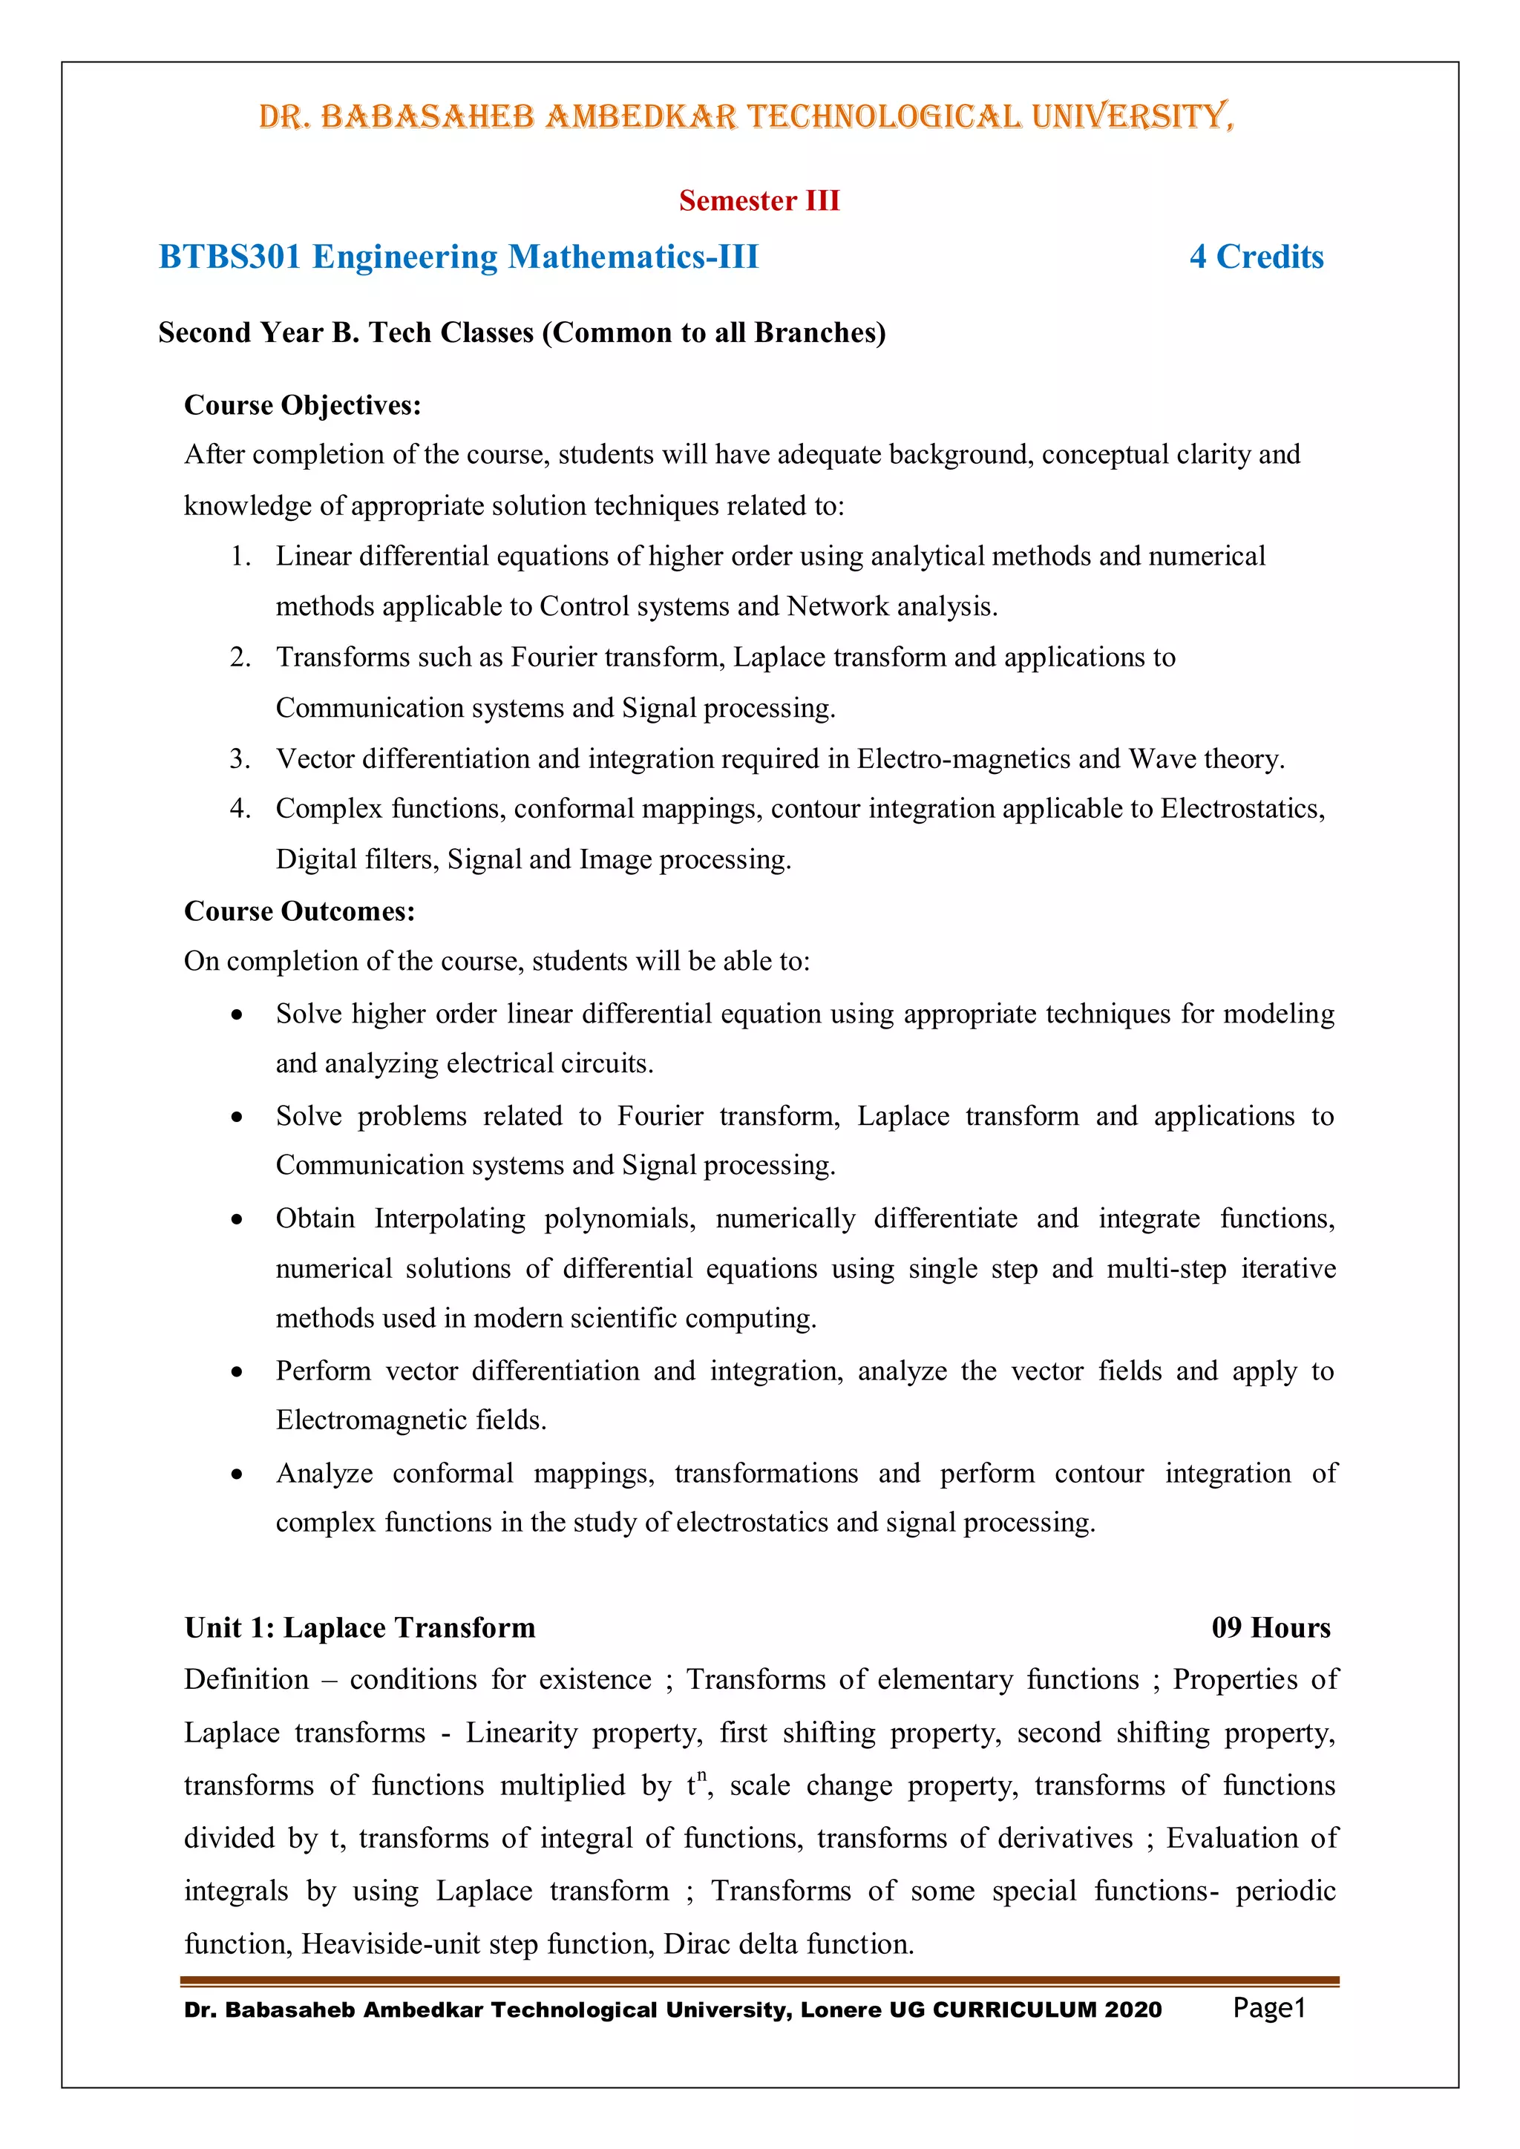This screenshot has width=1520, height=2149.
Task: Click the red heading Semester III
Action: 759,200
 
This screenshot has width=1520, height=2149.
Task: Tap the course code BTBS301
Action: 229,257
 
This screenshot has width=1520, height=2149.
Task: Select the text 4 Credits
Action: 1255,257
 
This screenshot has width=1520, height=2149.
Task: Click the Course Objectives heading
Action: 302,404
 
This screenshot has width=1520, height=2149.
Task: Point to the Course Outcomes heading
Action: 300,911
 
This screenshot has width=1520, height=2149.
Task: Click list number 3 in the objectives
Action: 240,758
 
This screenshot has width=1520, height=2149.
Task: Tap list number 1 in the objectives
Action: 240,556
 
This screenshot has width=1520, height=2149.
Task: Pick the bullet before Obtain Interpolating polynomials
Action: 237,1218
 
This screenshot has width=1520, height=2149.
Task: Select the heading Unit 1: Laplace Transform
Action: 359,1627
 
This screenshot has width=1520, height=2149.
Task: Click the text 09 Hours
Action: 1270,1627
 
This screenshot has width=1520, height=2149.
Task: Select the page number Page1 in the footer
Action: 1268,2008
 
